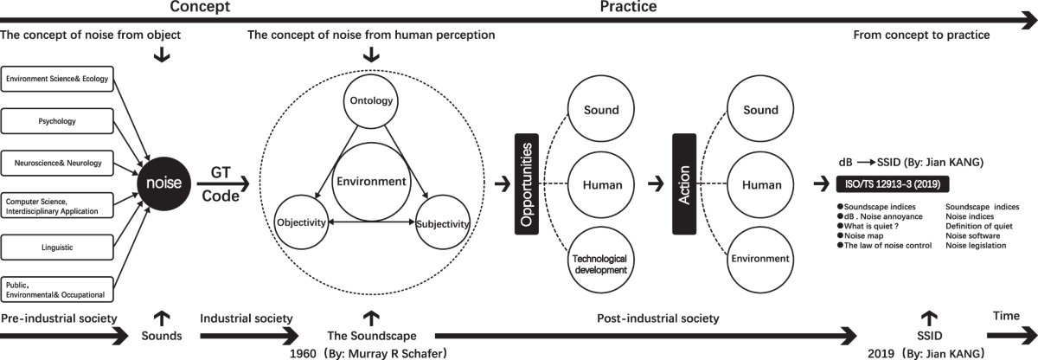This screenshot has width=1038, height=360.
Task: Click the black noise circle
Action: click(164, 183)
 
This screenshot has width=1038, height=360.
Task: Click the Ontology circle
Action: click(371, 100)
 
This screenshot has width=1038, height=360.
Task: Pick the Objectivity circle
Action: click(300, 222)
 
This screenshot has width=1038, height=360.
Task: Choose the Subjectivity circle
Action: click(442, 223)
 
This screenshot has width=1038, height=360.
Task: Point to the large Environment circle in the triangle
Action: click(371, 181)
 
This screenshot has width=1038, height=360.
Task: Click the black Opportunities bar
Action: click(526, 184)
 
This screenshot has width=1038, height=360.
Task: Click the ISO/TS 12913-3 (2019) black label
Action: click(892, 183)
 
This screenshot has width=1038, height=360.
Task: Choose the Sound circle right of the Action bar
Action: click(754, 110)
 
